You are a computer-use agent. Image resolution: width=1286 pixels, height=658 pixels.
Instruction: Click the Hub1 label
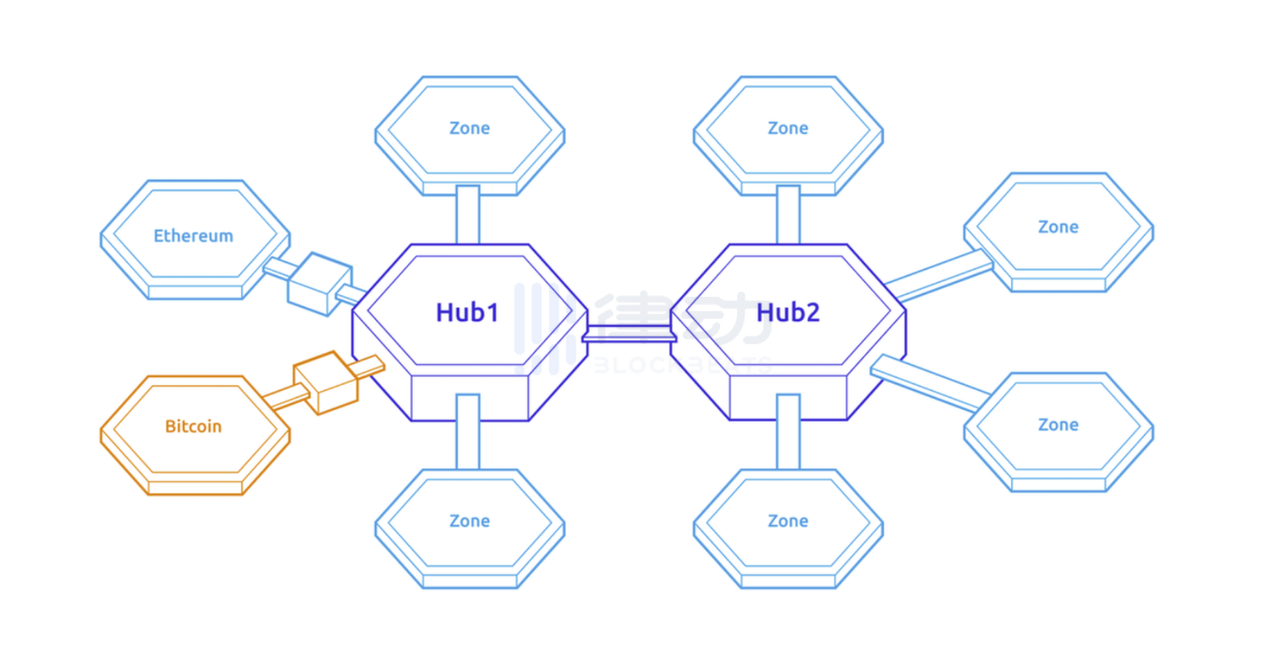click(x=467, y=312)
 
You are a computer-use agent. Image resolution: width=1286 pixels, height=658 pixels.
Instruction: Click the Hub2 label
click(x=788, y=312)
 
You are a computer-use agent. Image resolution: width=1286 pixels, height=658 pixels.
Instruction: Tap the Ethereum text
click(x=193, y=236)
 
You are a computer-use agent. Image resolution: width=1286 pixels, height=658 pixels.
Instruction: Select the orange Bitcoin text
click(x=193, y=426)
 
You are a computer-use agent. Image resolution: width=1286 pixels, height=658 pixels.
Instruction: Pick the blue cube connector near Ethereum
click(x=319, y=284)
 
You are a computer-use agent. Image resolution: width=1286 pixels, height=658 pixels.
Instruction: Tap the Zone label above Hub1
click(x=469, y=129)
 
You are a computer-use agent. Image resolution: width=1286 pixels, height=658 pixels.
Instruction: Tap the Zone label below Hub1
click(x=469, y=522)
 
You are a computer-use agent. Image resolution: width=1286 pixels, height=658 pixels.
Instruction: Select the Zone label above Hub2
click(x=788, y=129)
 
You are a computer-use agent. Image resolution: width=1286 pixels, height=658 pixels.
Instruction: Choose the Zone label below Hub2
click(x=788, y=522)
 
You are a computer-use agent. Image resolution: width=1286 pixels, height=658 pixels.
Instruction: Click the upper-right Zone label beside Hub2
click(x=1058, y=228)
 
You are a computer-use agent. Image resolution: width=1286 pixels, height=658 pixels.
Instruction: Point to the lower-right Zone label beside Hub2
click(x=1058, y=425)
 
